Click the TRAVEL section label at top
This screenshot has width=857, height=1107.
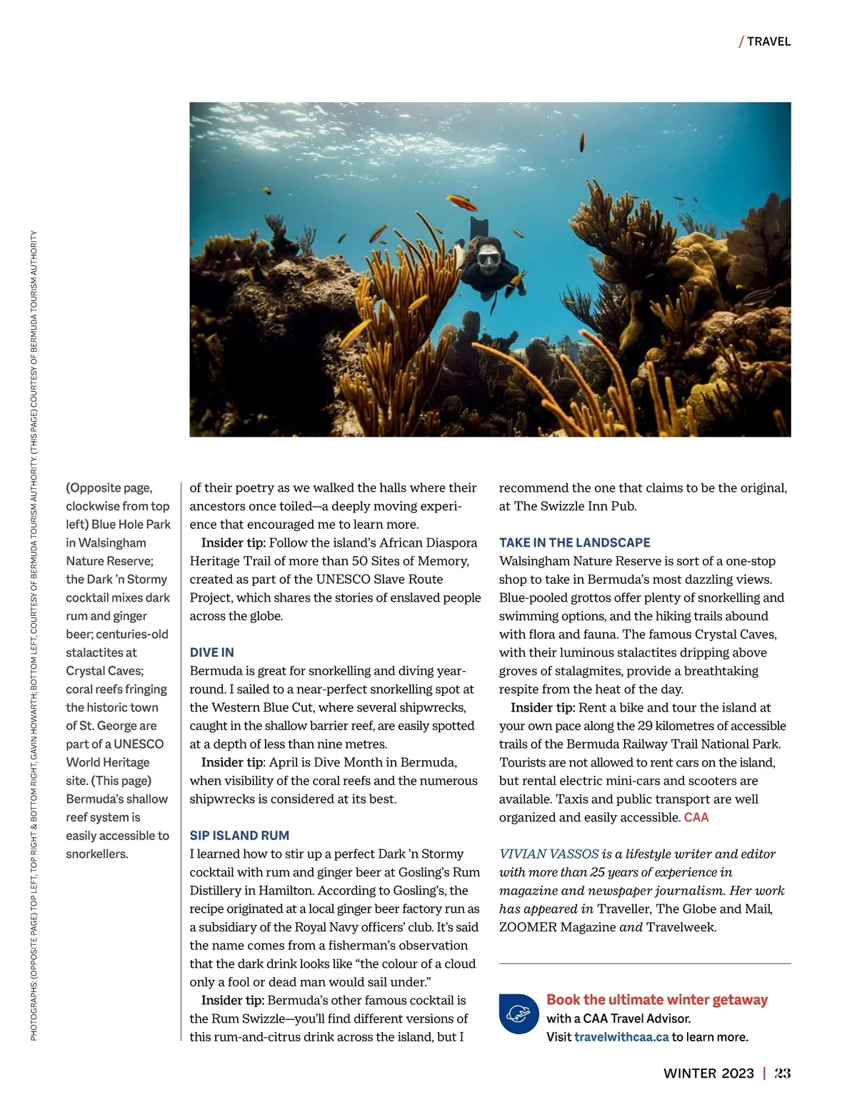768,41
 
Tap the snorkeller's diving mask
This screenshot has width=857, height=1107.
488,258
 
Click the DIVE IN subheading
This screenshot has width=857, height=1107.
211,652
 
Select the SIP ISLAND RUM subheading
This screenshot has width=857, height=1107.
239,835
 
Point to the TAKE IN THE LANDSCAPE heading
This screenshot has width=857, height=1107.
574,542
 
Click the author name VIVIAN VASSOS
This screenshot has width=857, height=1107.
548,854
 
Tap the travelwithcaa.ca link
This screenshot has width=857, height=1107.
621,1036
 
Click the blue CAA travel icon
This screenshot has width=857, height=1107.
518,1014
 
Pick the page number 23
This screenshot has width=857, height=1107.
783,1073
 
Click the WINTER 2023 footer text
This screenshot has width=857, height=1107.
708,1073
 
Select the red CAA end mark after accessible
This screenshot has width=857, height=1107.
696,817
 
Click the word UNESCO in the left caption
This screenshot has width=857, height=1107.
139,744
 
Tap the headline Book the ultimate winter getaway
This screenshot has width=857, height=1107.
656,999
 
